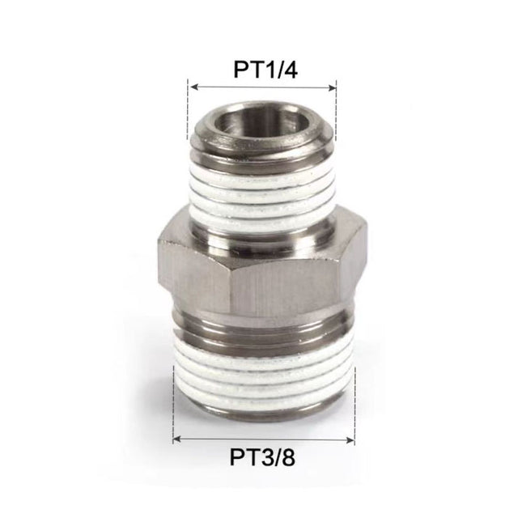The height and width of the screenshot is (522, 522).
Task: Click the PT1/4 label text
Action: click(x=262, y=69)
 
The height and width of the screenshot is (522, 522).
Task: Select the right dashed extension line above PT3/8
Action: click(x=354, y=405)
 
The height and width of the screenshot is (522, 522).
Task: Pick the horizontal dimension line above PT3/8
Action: click(x=263, y=439)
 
